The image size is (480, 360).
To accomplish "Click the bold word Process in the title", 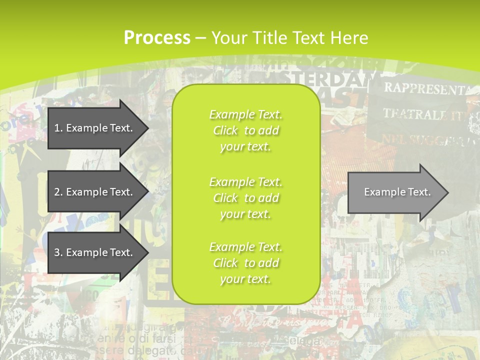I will tap(157, 38).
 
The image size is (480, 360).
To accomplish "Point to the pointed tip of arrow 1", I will tap(147, 128).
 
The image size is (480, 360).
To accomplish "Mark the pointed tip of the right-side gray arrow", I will tap(447, 192).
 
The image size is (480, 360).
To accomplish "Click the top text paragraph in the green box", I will tap(246, 130).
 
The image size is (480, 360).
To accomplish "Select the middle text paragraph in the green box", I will tap(246, 198).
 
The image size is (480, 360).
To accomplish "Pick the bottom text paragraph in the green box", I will tap(246, 263).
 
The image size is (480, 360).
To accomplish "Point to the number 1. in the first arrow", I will tap(58, 128).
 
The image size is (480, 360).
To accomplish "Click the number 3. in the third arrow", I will tap(58, 252).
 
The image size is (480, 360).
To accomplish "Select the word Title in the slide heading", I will tap(271, 38).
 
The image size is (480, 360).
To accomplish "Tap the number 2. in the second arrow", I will tap(58, 192).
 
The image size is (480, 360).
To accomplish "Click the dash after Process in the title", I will tap(201, 38).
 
